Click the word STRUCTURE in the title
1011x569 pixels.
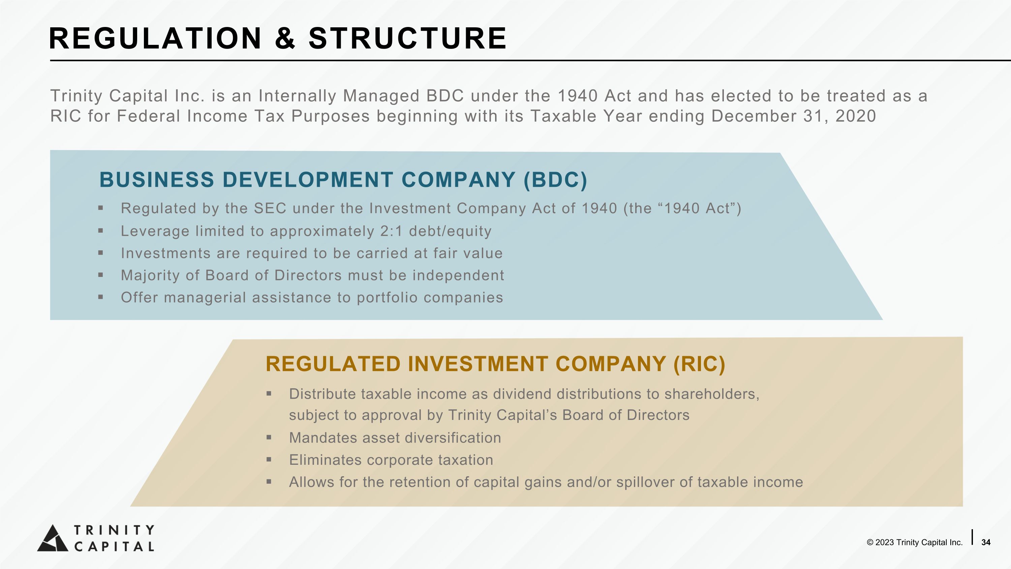[x=407, y=38]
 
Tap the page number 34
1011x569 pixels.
[x=985, y=542]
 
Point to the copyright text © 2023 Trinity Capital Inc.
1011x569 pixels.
[x=915, y=542]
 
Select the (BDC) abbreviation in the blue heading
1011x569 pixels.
[x=555, y=180]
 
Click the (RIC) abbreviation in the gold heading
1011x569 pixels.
[x=699, y=364]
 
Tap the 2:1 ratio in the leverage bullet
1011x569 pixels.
[x=391, y=231]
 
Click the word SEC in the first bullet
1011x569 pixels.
[x=270, y=208]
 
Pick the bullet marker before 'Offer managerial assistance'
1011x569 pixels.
[x=101, y=297]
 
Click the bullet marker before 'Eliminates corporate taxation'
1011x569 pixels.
[x=269, y=459]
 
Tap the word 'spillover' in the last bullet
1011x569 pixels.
[x=645, y=482]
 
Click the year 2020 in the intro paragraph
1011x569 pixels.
[x=856, y=116]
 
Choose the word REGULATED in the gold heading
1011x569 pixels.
[x=333, y=364]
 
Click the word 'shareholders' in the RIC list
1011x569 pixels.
[x=710, y=394]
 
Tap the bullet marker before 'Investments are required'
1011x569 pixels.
[x=101, y=253]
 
